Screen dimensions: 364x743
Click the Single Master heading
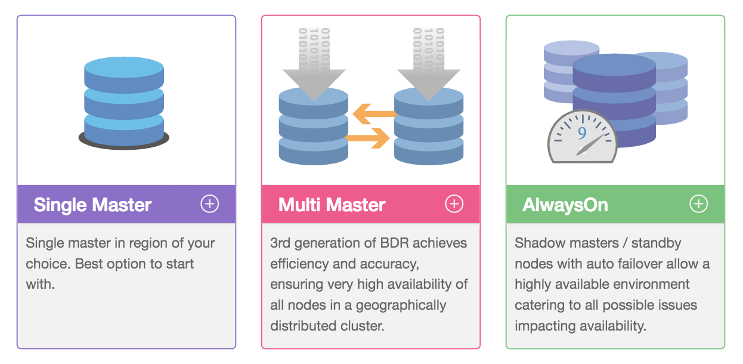[x=92, y=205]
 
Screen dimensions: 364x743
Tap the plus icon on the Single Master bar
[x=209, y=204]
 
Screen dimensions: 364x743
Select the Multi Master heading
[x=332, y=205]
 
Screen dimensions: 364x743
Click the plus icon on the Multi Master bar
[x=454, y=204]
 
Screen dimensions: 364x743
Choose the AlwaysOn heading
[x=565, y=205]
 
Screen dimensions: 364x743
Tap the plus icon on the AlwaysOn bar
[x=698, y=204]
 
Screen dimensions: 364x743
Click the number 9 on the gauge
[x=582, y=132]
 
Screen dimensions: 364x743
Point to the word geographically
[x=401, y=306]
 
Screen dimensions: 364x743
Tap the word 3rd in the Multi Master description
[x=280, y=243]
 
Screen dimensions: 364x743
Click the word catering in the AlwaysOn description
[x=536, y=306]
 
